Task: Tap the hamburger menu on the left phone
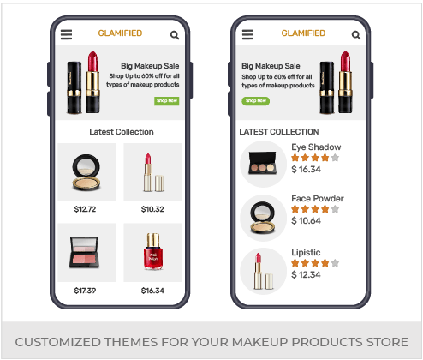click(66, 34)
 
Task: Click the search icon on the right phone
click(356, 35)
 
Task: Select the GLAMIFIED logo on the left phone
click(120, 33)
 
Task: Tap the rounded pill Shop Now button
click(256, 101)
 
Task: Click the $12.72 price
click(85, 209)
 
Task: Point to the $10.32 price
click(152, 209)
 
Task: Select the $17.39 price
click(85, 291)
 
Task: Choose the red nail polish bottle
click(153, 251)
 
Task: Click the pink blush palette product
click(84, 252)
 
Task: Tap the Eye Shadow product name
click(316, 147)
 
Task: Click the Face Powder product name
click(318, 198)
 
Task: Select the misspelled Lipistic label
click(306, 253)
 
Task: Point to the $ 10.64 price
click(306, 220)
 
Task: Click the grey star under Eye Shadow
click(335, 158)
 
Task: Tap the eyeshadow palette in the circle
click(263, 163)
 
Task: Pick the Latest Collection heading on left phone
click(122, 132)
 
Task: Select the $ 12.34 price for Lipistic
click(306, 274)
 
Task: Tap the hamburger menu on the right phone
click(247, 34)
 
